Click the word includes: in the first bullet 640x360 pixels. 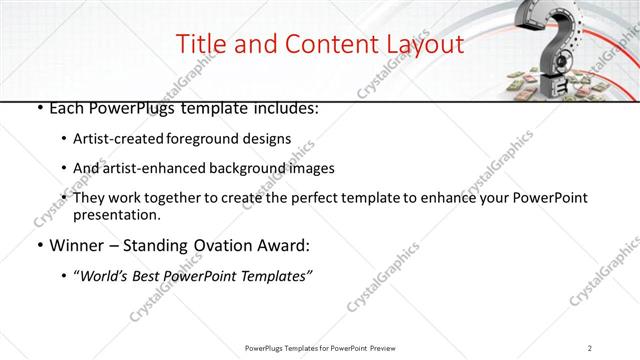click(285, 107)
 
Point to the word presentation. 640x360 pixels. click(117, 214)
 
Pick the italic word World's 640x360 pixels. click(107, 276)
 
